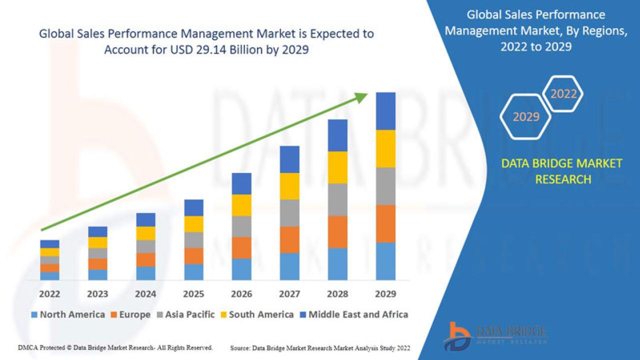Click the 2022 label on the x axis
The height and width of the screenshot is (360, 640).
[x=49, y=294]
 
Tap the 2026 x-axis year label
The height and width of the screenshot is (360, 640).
[x=241, y=294]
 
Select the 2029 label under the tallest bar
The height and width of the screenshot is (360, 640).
[x=385, y=294]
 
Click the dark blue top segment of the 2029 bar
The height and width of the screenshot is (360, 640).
[x=385, y=111]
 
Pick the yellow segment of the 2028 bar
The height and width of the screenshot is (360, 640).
[x=337, y=167]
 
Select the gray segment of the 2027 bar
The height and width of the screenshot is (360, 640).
[x=289, y=213]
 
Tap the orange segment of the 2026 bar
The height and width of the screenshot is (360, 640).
[x=241, y=247]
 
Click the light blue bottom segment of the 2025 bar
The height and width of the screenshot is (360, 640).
[x=193, y=271]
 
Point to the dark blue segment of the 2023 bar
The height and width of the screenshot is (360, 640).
[x=97, y=231]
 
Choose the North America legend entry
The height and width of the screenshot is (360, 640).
[x=68, y=314]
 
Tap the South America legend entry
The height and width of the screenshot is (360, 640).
[x=256, y=314]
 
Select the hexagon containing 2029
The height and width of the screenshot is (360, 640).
[x=525, y=116]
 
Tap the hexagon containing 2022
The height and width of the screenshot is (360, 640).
[x=563, y=93]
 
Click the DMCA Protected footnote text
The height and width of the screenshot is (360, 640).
[x=115, y=347]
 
